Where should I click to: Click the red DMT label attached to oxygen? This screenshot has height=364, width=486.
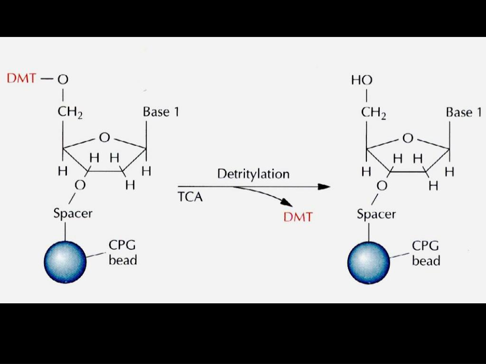click(x=21, y=79)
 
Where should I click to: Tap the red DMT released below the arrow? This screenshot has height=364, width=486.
click(x=298, y=218)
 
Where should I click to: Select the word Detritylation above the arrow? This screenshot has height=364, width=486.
click(x=253, y=174)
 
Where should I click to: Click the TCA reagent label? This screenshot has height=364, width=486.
click(x=190, y=197)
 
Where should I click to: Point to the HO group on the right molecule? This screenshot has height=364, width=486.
click(x=362, y=80)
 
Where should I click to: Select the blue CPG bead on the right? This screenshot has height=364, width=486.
click(x=368, y=262)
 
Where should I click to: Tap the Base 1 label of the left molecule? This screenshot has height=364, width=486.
click(x=161, y=112)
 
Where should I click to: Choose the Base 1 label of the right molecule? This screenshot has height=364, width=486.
click(x=464, y=112)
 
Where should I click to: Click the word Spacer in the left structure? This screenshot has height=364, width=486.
click(x=73, y=213)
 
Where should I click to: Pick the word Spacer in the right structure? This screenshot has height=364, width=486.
click(x=376, y=214)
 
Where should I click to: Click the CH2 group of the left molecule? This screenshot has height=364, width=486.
click(x=70, y=113)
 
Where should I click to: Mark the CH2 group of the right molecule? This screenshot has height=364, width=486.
click(x=374, y=114)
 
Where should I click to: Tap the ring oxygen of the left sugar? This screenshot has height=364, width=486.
click(x=104, y=137)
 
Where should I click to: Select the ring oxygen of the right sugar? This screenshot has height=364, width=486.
click(x=408, y=138)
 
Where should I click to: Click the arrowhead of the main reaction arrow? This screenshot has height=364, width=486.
click(x=324, y=187)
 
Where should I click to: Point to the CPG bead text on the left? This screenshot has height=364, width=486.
click(x=122, y=253)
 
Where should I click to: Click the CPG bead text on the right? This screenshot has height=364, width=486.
click(x=426, y=253)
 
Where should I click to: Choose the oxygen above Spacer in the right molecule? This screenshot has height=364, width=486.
click(x=382, y=186)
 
